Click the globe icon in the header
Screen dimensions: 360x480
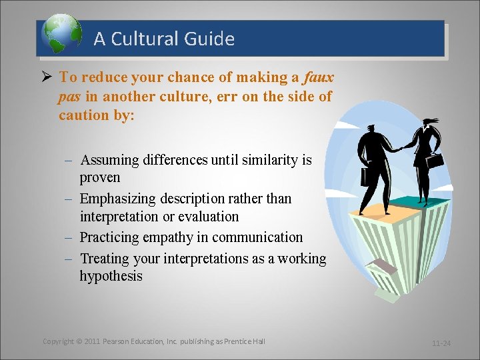(61, 35)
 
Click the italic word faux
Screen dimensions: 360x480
(318, 77)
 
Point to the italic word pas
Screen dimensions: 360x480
(69, 97)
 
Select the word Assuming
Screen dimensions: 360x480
(109, 160)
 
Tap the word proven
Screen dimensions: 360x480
(100, 177)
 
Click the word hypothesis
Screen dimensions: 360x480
(111, 276)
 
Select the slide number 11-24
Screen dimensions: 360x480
(441, 343)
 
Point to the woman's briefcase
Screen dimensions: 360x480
(435, 161)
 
